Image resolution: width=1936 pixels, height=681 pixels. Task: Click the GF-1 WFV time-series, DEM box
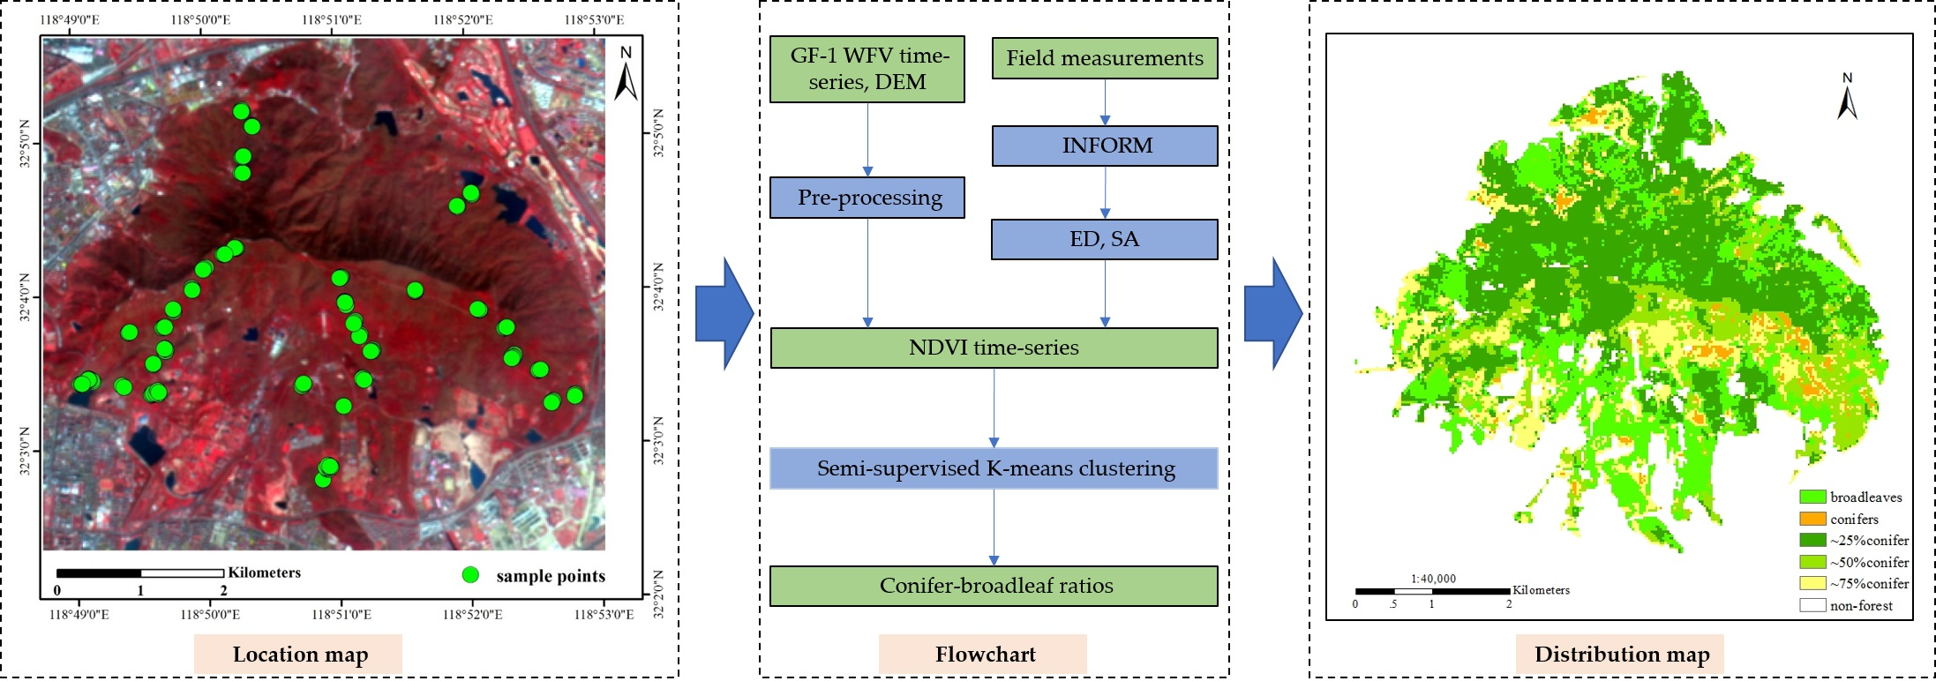coord(867,69)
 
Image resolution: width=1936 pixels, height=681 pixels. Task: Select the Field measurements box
coord(1104,58)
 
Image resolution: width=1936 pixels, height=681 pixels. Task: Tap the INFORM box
coord(1104,146)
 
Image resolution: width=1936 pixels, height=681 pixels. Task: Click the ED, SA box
coord(1104,239)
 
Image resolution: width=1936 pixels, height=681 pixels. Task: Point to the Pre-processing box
coord(867,198)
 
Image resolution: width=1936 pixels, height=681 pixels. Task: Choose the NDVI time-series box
coord(994,348)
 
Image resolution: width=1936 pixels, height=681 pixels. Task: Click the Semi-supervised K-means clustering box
coord(994,468)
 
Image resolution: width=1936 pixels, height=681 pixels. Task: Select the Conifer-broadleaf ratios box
coord(994,586)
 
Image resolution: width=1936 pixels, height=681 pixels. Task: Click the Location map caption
coord(299,655)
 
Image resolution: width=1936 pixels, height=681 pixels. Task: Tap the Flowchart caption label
coord(984,655)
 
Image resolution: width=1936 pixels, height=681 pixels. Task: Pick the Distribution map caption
coord(1621,655)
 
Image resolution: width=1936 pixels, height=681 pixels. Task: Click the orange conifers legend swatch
coord(1812,519)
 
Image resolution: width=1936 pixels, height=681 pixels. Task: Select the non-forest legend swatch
coord(1812,605)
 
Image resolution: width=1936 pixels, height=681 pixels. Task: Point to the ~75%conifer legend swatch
coord(1812,583)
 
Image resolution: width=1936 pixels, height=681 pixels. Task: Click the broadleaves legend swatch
coord(1812,497)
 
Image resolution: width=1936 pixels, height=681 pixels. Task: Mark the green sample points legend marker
coord(470,575)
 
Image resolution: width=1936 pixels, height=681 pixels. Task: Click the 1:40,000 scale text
coord(1433,579)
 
